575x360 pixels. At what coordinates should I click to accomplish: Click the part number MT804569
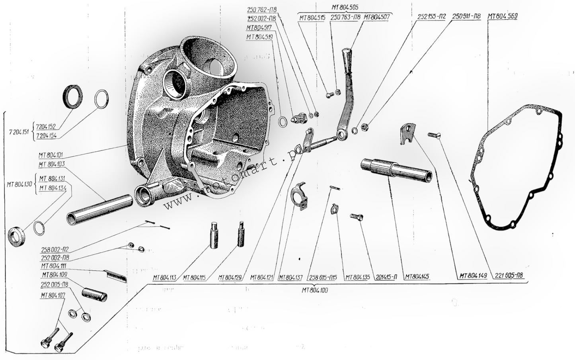(x=502, y=17)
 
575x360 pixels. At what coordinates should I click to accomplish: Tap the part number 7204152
(x=46, y=127)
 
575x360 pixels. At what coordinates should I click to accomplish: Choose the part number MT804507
(x=377, y=17)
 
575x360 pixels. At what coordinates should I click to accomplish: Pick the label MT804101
(x=54, y=155)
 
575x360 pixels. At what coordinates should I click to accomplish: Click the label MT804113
(x=165, y=277)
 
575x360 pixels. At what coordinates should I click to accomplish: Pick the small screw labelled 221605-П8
(x=434, y=135)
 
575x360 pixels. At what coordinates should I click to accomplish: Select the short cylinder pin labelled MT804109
(x=94, y=294)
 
